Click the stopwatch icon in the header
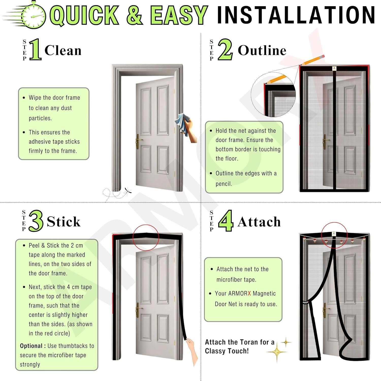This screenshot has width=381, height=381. point(34,15)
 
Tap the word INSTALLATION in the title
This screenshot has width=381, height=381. point(296,15)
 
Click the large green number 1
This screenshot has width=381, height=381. point(35,49)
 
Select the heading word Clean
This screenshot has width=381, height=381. point(63,50)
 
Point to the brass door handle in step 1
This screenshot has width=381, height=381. point(138,141)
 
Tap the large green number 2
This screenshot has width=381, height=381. point(225,49)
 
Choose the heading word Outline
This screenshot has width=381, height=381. point(262,50)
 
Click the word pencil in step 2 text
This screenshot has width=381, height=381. point(224,184)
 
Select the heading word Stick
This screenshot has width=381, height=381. point(63,221)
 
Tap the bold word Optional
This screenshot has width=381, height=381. point(31,346)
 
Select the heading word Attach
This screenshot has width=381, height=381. point(259,221)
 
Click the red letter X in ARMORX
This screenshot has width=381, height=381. point(249,293)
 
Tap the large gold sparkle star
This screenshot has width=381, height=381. point(277,352)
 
